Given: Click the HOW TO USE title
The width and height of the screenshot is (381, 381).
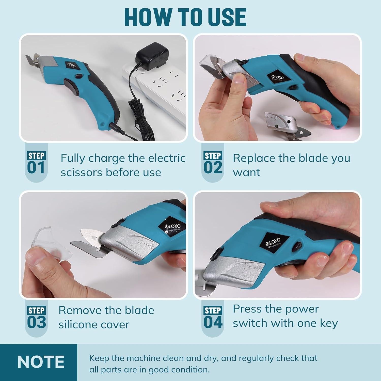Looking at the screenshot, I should tap(185, 17).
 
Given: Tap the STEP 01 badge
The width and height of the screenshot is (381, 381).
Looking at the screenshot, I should tap(36, 163).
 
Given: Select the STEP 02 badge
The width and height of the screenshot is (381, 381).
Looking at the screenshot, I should tap(213, 163).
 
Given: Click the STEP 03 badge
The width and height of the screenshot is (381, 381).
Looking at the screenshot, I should tap(36, 318).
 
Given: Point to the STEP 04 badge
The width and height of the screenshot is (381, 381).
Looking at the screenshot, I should tap(213, 318).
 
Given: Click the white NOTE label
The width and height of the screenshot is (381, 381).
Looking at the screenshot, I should tap(41, 362).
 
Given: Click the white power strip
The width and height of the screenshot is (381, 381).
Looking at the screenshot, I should tap(157, 84).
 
